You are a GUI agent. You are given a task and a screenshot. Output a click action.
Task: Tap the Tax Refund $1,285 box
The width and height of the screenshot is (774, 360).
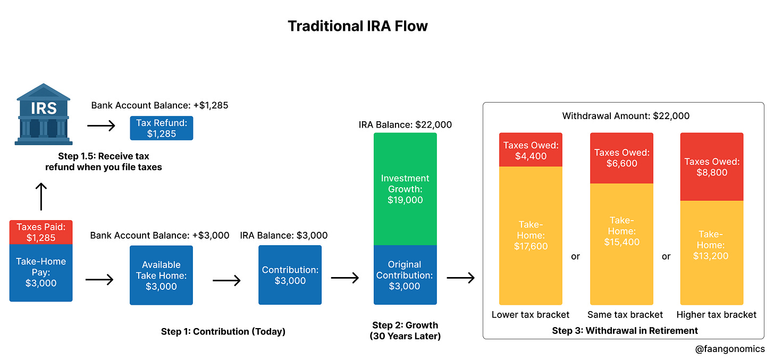tap(162, 128)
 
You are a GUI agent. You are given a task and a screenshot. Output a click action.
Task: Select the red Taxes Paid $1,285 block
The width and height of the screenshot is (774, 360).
tap(41, 232)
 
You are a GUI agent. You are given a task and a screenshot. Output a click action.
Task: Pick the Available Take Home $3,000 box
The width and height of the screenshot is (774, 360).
tap(162, 275)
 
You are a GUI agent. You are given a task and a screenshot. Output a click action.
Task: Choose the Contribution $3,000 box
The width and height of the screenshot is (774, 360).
tap(290, 275)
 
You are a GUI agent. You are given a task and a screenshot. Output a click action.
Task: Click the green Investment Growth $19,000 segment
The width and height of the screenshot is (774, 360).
tap(405, 189)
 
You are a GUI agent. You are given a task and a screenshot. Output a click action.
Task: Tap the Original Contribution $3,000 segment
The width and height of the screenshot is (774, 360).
tap(405, 275)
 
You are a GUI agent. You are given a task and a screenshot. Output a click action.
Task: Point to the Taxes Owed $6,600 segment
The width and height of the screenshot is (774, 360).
tap(621, 158)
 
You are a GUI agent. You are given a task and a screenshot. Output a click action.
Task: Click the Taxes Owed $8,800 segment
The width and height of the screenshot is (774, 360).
tap(712, 166)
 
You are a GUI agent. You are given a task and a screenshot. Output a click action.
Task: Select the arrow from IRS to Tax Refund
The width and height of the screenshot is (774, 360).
tap(101, 126)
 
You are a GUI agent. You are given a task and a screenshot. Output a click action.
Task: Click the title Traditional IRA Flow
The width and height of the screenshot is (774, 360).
tap(358, 26)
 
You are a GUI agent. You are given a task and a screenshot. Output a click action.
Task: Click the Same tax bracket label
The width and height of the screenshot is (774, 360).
tap(625, 314)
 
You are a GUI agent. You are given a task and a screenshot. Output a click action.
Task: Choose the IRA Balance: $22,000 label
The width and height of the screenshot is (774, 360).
tap(405, 125)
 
